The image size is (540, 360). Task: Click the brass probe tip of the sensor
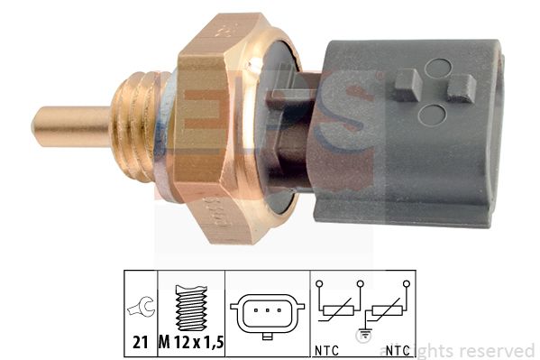point(68,126)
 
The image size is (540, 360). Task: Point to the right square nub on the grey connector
point(461,88)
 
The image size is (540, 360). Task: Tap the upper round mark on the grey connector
point(437,68)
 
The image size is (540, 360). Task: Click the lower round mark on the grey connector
point(434,115)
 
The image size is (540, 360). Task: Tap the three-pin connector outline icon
point(266,313)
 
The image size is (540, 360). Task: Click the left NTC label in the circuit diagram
point(328,349)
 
